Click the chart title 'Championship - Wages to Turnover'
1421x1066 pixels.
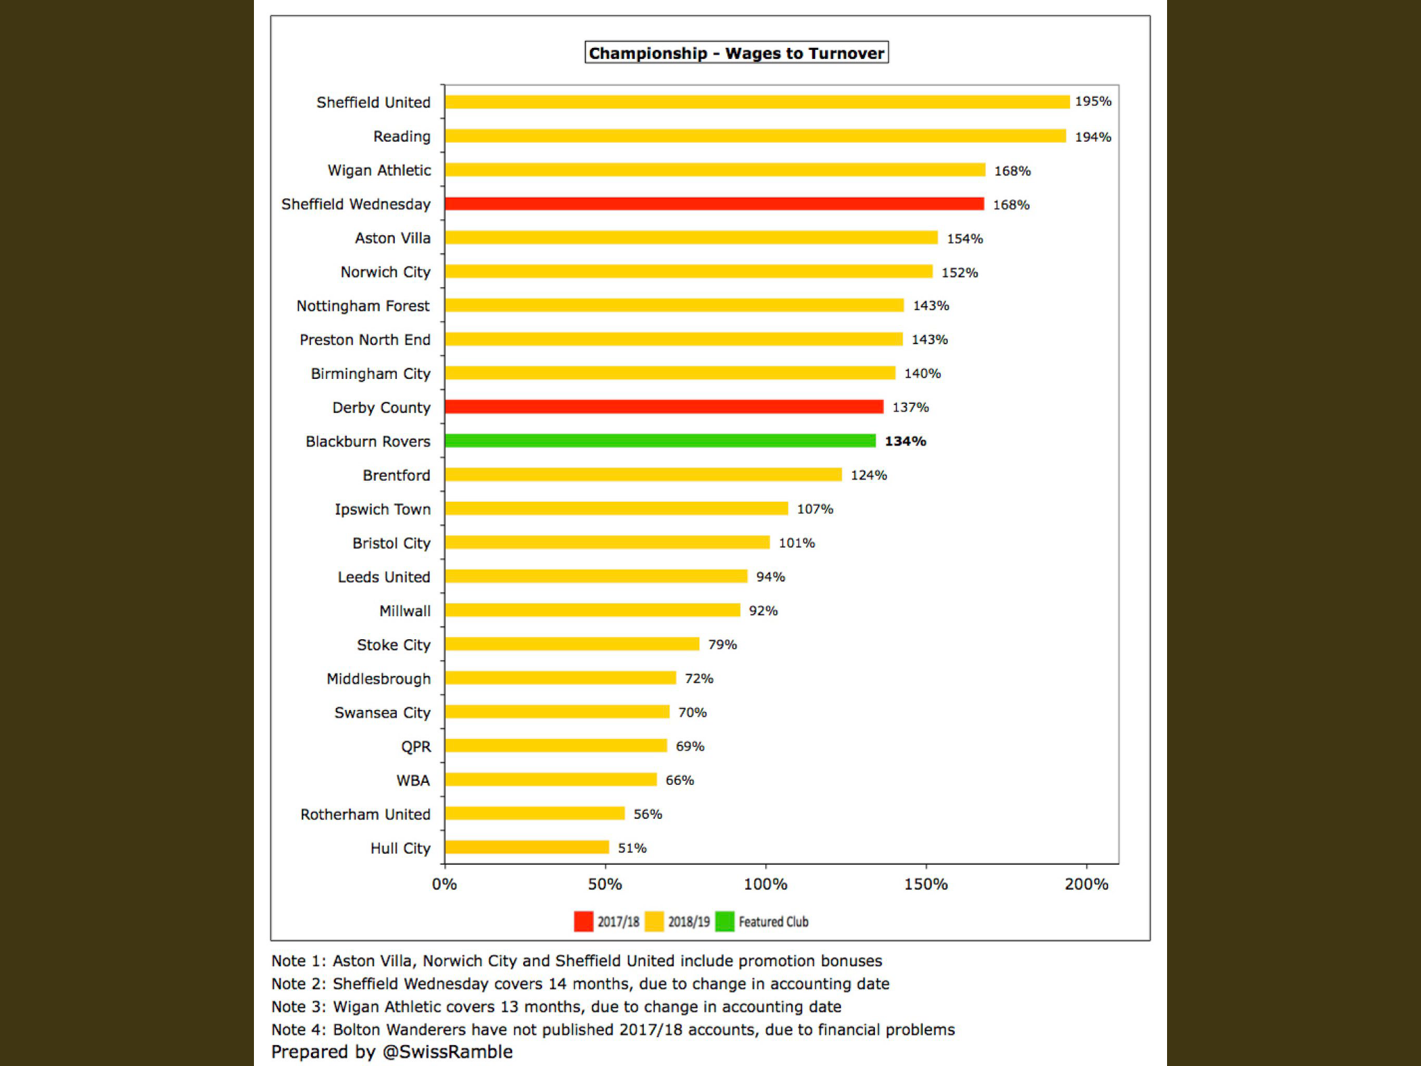click(736, 53)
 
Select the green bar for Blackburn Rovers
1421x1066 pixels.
click(660, 441)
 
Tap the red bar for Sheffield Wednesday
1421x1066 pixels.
click(714, 203)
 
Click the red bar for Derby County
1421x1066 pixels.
click(664, 407)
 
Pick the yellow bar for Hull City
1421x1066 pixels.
click(527, 847)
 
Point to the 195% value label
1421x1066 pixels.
click(1093, 101)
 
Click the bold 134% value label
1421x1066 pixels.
click(905, 441)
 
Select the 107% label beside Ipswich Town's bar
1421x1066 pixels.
click(815, 509)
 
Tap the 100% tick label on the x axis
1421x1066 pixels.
click(765, 884)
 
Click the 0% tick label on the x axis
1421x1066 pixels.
click(444, 884)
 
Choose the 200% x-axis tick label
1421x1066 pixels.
click(1087, 884)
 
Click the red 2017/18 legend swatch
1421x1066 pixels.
click(584, 921)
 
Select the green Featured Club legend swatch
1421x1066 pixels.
click(724, 921)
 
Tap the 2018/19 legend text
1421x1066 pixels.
click(689, 922)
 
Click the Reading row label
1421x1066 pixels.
click(402, 137)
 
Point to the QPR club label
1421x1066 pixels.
click(416, 747)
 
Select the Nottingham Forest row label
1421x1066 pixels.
click(363, 306)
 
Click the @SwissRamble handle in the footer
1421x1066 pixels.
click(448, 1052)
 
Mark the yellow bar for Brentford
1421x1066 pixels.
click(643, 475)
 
